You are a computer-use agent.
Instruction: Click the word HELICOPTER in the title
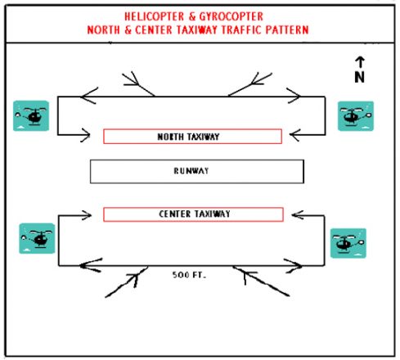(155, 16)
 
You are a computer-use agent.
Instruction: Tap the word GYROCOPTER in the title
(231, 16)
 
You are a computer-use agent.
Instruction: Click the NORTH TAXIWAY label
(188, 137)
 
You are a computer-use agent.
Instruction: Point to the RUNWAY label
(191, 171)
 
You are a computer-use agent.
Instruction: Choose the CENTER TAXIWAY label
(195, 214)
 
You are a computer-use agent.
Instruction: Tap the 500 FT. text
(189, 275)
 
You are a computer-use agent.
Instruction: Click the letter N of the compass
(359, 77)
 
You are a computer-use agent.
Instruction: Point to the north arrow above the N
(360, 62)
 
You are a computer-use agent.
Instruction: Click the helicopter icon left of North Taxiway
(31, 115)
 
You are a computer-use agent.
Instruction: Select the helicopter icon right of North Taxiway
(356, 116)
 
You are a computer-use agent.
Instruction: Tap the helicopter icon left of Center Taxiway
(37, 238)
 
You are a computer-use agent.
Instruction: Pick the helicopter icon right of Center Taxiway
(348, 243)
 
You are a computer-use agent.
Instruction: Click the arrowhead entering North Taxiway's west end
(86, 135)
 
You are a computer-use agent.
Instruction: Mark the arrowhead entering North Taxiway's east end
(294, 135)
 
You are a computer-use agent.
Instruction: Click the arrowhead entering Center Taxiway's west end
(87, 215)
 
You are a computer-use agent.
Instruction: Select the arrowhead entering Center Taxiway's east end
(298, 215)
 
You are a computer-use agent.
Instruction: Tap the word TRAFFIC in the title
(241, 29)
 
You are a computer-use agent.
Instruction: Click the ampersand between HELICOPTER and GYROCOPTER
(192, 16)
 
